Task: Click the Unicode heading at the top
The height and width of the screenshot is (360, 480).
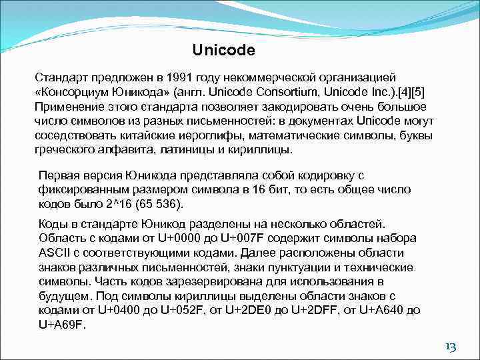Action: coord(223,50)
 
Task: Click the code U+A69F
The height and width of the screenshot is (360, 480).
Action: coord(62,325)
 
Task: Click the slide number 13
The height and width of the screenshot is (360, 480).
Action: coord(450,347)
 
